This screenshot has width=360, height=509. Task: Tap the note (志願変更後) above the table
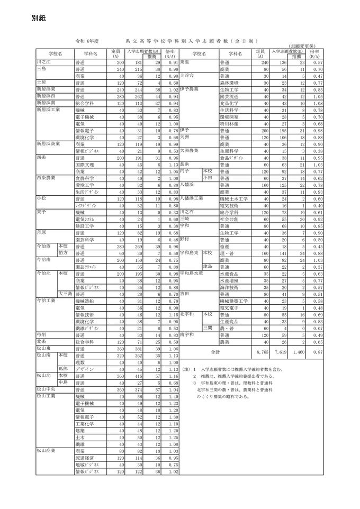pos(305,47)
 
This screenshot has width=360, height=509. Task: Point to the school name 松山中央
pos(47,389)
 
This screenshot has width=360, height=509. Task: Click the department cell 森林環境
pos(229,83)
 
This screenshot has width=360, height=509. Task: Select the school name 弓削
pos(42,335)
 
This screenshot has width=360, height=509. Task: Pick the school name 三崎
pos(184,218)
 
